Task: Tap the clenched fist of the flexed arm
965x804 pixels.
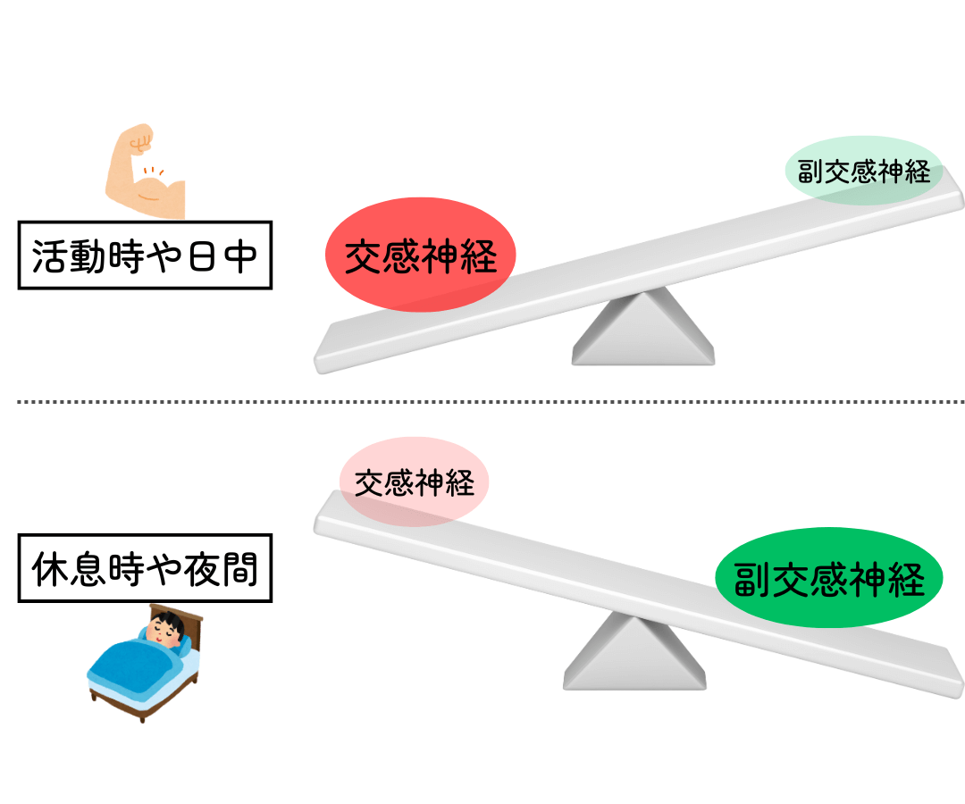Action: pos(139,139)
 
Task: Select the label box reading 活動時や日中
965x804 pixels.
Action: pos(145,255)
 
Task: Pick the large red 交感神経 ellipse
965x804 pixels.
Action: pos(420,255)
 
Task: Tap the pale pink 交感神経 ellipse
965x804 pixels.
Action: pos(414,482)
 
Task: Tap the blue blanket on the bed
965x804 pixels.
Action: pos(130,666)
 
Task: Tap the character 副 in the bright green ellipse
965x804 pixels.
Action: pos(751,580)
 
